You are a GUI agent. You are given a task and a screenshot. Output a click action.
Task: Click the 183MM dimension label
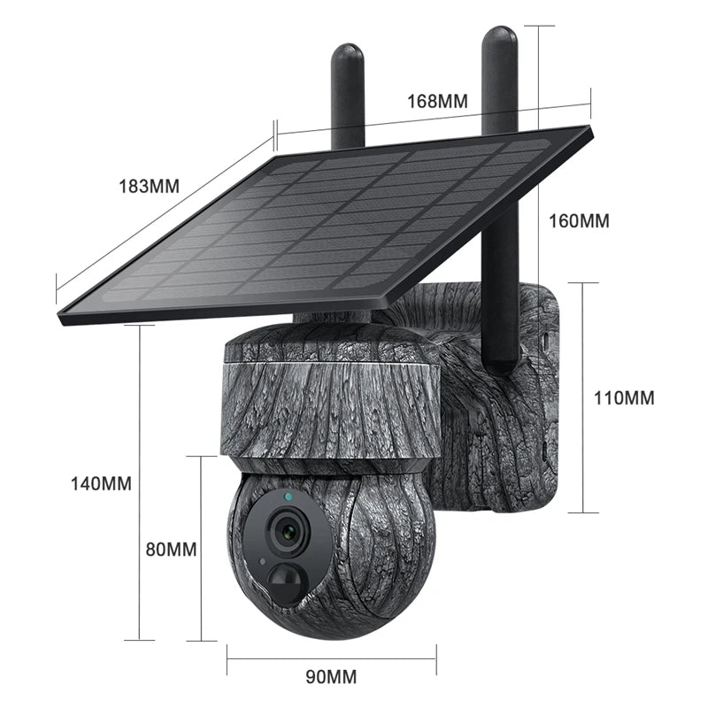148,187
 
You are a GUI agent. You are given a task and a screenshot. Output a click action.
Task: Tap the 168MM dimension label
437,101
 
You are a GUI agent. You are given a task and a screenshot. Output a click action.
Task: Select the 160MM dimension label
581,221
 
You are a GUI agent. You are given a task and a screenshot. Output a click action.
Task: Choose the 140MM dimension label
101,483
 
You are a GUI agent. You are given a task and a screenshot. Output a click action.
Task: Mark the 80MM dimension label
170,549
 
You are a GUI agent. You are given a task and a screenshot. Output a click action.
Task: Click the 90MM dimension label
331,678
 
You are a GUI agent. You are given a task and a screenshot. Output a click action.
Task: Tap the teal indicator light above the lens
288,498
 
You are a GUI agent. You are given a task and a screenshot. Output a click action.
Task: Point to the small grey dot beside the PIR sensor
262,562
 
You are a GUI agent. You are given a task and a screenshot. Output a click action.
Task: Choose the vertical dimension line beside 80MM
202,549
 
